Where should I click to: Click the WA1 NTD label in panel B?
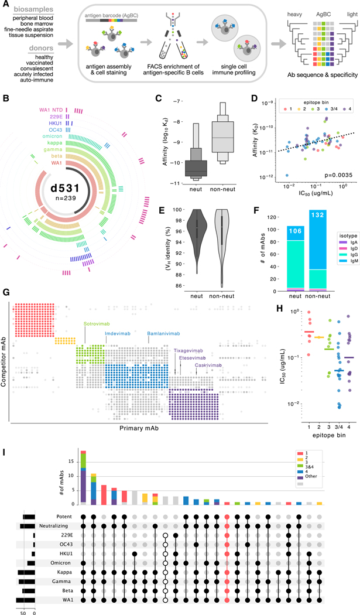pyautogui.click(x=49, y=94)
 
